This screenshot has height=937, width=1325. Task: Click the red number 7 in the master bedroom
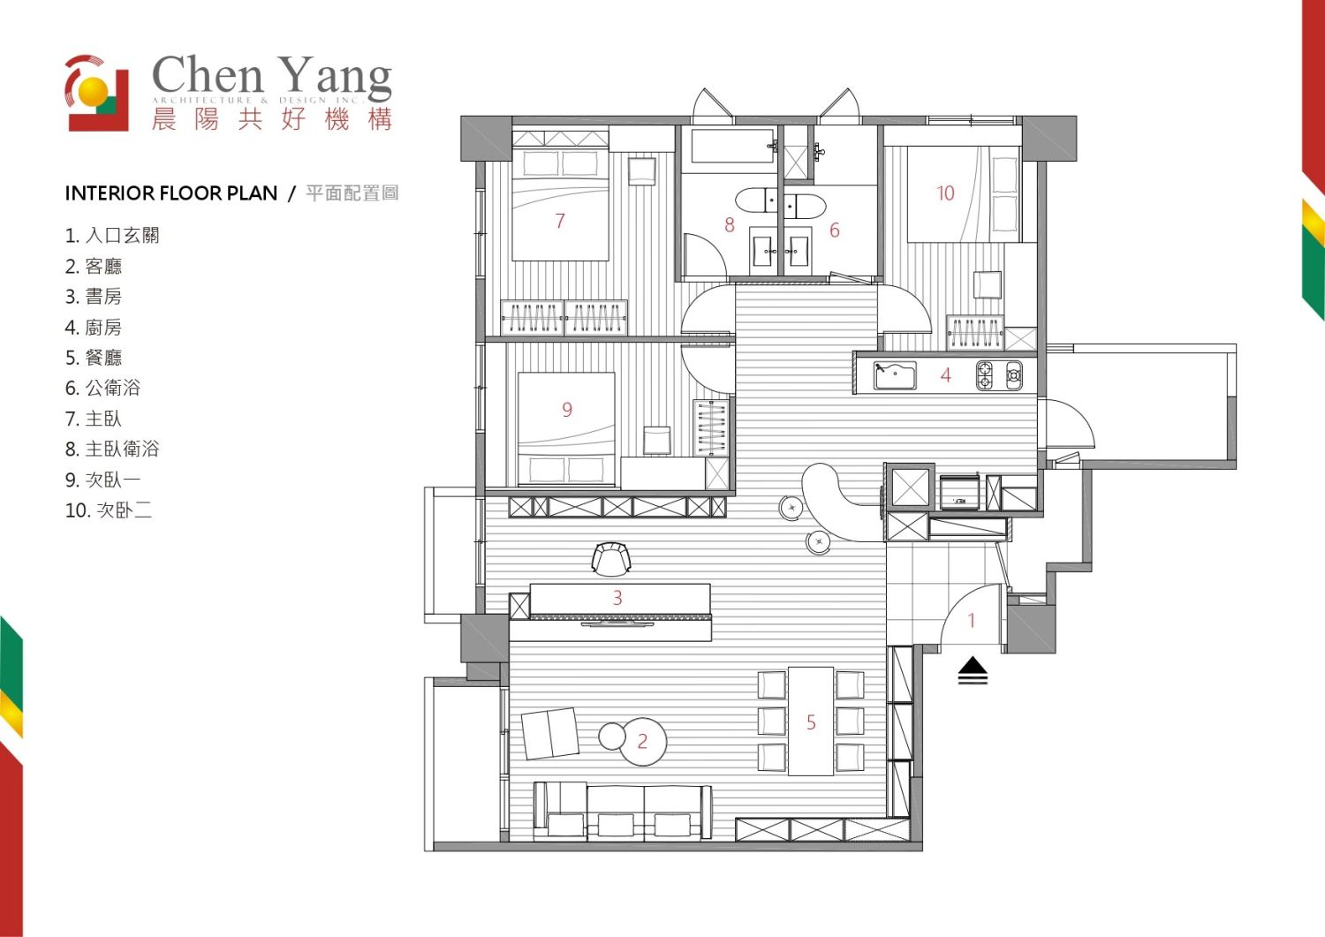560,221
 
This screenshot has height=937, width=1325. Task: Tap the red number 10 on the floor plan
945,193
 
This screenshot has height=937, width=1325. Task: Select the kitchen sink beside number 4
895,375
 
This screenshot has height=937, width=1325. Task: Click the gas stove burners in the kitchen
999,375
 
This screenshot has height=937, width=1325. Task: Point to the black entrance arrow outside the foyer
973,670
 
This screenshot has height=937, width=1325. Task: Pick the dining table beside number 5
811,721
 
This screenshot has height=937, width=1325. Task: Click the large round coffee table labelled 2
642,742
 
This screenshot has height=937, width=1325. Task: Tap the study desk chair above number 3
611,558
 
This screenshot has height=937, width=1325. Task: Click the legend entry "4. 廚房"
94,327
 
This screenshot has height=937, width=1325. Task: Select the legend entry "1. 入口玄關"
112,236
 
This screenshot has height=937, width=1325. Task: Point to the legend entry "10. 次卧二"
109,510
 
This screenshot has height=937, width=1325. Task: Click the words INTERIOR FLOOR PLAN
171,193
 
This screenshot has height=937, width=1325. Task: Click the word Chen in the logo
207,75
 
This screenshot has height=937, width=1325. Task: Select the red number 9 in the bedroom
567,410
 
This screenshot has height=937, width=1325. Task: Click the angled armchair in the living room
550,734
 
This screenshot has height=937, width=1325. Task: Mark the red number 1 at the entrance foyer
971,620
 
